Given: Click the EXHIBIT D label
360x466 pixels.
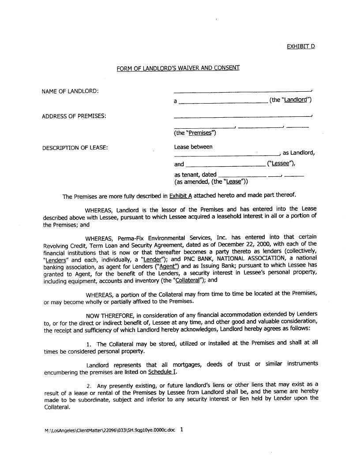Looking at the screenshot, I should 301,46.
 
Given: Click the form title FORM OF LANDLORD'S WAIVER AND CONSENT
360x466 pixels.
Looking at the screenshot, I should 178,68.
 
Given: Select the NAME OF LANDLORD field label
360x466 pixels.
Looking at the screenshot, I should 70,91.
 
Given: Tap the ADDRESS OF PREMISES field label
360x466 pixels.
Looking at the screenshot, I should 74,116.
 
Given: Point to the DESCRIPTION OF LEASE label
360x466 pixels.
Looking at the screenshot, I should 75,147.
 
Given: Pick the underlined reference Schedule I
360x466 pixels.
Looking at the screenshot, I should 162,372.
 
